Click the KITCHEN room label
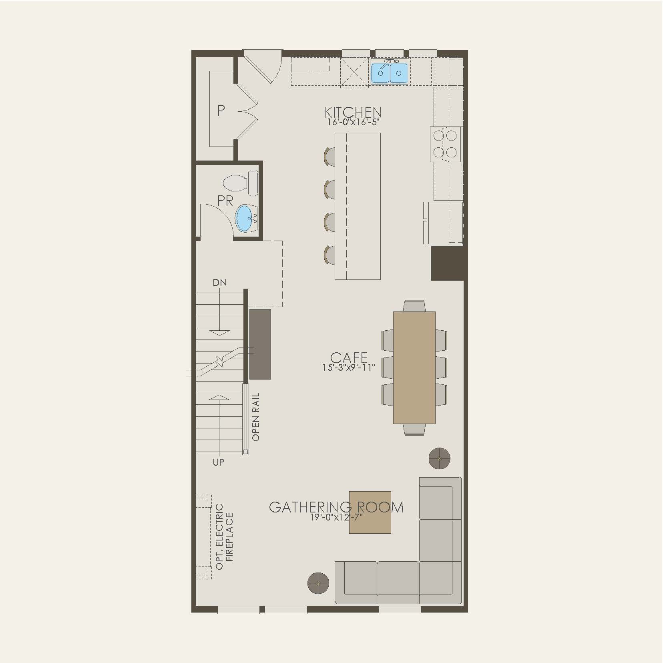tap(353, 113)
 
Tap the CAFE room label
tap(349, 357)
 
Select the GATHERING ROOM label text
tap(336, 507)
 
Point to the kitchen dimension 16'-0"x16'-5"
tap(353, 123)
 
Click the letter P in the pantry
tap(221, 110)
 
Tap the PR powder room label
tap(225, 201)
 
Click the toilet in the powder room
tap(240, 183)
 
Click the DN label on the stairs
tap(219, 283)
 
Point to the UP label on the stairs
tap(218, 462)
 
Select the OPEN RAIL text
tap(256, 417)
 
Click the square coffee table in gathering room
tap(370, 512)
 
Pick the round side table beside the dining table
tap(439, 458)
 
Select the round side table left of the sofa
tap(318, 583)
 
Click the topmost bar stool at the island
tap(330, 156)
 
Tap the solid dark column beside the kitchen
tap(449, 263)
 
